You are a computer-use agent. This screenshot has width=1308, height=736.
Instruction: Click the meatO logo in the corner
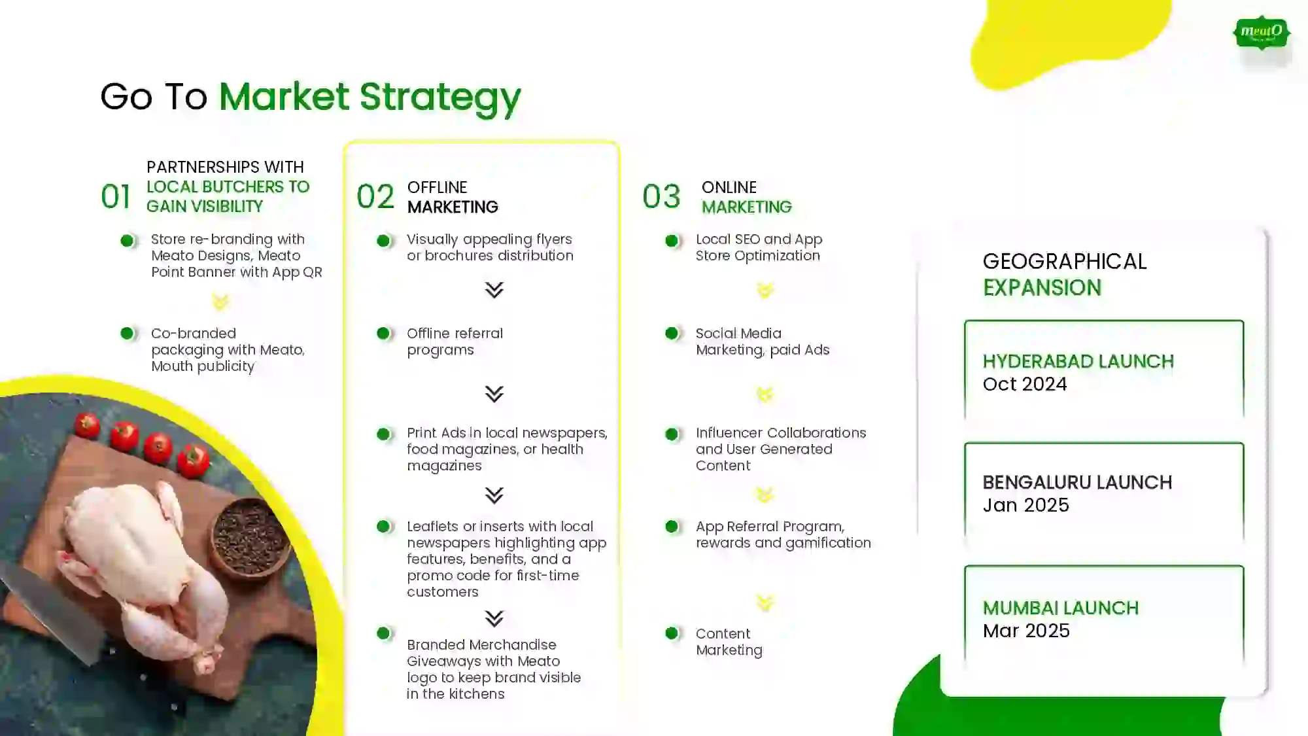[1262, 33]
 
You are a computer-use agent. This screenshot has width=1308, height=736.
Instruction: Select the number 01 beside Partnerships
[116, 196]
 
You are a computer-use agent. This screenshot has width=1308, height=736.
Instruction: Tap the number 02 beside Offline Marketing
[375, 196]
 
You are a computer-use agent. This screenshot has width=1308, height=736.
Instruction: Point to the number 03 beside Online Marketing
[661, 196]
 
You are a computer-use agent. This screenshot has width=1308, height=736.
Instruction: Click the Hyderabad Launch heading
[1078, 361]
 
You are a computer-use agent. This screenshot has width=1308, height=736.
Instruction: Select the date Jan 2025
[1025, 505]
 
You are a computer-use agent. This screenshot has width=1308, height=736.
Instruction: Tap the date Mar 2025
[1026, 631]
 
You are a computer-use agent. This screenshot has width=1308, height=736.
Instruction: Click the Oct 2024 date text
[1025, 384]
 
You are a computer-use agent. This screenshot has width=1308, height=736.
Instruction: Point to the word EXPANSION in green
[1042, 288]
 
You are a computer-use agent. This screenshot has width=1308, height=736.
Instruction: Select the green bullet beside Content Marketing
[671, 633]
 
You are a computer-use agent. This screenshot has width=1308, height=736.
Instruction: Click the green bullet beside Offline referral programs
[383, 334]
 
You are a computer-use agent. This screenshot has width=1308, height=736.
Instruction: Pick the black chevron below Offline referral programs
[494, 394]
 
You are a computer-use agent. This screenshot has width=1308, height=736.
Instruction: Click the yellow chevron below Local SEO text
[765, 290]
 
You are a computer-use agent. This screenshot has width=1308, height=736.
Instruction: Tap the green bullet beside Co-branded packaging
[127, 334]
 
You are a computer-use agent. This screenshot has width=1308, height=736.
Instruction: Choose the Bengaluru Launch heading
[1077, 482]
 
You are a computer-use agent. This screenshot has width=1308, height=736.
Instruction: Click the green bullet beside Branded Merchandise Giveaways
[383, 633]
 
